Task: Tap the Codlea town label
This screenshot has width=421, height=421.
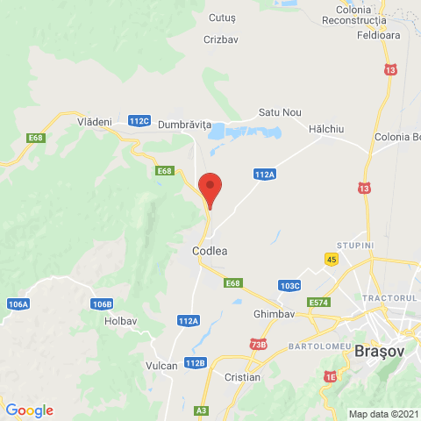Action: click(x=210, y=251)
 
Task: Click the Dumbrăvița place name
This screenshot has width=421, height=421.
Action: click(x=185, y=125)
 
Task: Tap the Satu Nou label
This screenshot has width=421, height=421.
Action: click(x=280, y=113)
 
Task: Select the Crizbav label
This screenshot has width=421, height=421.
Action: click(x=220, y=40)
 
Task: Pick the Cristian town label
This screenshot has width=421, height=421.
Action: click(x=242, y=377)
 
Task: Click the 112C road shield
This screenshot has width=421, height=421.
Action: click(x=139, y=121)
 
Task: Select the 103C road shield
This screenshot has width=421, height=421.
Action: click(x=289, y=286)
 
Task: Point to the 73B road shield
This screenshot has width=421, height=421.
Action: click(x=258, y=345)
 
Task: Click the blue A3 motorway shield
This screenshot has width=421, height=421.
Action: click(x=202, y=410)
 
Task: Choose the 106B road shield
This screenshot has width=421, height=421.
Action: click(x=102, y=304)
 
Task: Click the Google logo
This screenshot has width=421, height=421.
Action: click(x=29, y=410)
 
